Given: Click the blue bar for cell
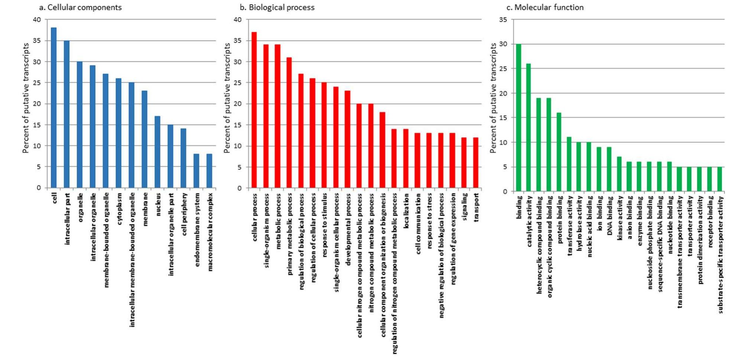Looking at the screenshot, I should pyautogui.click(x=54, y=108).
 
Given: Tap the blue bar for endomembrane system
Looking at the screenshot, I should pyautogui.click(x=196, y=171).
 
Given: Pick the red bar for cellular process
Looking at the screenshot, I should pyautogui.click(x=254, y=110).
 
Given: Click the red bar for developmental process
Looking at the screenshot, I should pyautogui.click(x=347, y=139).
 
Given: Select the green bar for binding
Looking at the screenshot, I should pyautogui.click(x=519, y=118).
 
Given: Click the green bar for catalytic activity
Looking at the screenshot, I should pyautogui.click(x=528, y=127).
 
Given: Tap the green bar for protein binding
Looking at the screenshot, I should pyautogui.click(x=559, y=152).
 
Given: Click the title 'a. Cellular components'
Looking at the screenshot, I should pyautogui.click(x=80, y=7).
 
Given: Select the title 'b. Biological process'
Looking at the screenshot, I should pyautogui.click(x=277, y=7).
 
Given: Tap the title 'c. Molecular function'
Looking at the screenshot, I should pyautogui.click(x=545, y=7).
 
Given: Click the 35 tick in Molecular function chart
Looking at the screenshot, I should pyautogui.click(x=503, y=19).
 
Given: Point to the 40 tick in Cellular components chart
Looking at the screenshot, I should pyautogui.click(x=37, y=19).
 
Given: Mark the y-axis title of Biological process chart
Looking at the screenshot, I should pyautogui.click(x=227, y=98).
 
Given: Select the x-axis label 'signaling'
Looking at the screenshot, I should pyautogui.click(x=464, y=207).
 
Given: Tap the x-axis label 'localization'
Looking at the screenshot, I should pyautogui.click(x=406, y=211).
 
